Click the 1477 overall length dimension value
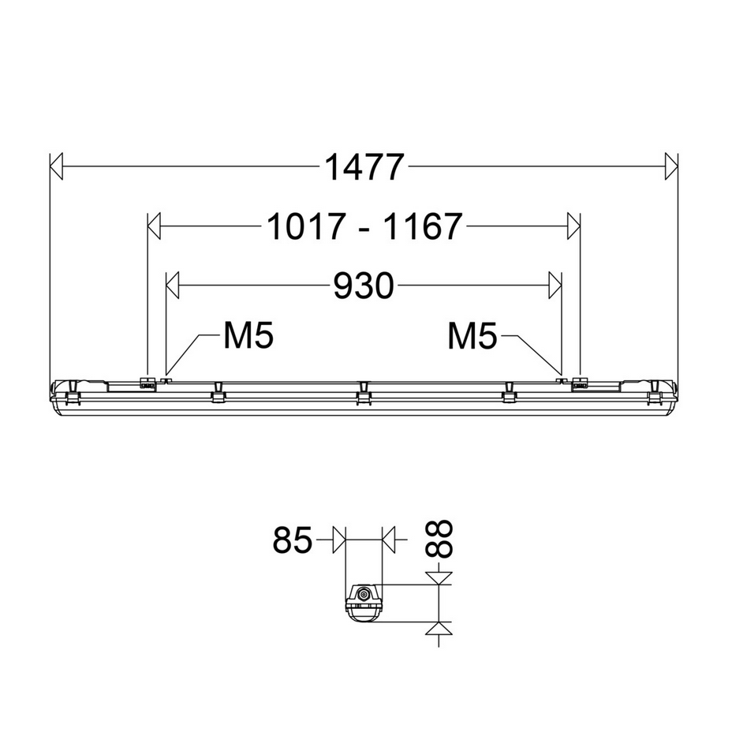point(364,167)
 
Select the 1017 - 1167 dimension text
point(364,228)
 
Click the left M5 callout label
point(248,337)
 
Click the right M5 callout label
point(472,337)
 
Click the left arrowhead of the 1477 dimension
point(55,166)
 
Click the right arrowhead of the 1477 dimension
point(671,166)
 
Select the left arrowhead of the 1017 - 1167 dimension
point(155,227)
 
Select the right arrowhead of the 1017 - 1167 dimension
point(573,227)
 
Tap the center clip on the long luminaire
point(363,394)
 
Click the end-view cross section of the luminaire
point(364,603)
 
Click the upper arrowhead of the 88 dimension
point(438,578)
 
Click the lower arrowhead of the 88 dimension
point(438,629)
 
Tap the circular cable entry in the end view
point(364,594)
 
